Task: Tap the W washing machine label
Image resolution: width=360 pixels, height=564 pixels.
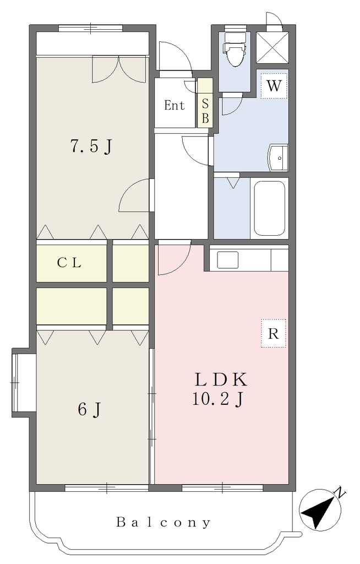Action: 274,85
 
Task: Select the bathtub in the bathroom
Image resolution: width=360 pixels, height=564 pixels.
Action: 270,208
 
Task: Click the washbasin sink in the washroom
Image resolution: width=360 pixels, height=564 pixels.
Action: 278,157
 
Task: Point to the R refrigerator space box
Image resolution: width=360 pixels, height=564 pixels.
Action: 274,333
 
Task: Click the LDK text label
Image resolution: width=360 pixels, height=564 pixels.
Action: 221,379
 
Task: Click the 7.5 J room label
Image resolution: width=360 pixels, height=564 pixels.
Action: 91,146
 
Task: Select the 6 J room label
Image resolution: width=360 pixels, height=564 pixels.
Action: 89,409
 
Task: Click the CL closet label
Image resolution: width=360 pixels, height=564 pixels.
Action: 69,263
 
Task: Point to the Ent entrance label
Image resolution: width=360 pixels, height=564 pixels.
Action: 174,105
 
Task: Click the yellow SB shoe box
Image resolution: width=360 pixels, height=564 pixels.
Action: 205,102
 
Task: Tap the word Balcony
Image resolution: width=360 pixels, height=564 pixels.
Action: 163,522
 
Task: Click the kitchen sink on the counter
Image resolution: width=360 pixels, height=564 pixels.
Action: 228,260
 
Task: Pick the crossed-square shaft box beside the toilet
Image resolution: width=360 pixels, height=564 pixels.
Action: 272,47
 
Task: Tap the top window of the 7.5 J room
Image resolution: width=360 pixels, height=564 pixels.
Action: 91,28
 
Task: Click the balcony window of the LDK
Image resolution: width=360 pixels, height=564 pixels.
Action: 222,488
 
